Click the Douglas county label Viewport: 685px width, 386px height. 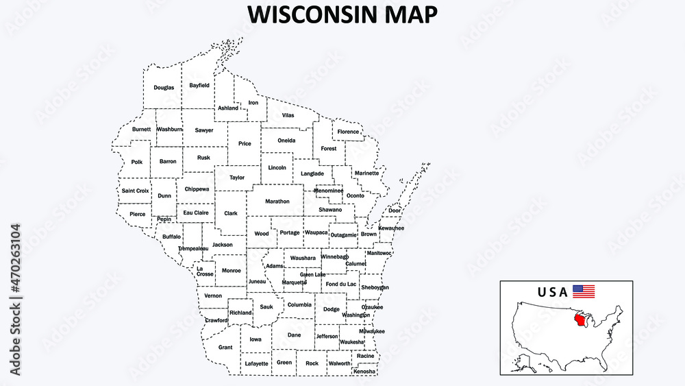(164, 88)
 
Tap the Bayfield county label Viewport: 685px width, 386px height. (199, 86)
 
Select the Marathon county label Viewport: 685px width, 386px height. (277, 202)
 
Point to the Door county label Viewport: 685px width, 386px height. (395, 210)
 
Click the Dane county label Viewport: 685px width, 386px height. (294, 335)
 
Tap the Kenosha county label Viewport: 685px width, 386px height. (365, 372)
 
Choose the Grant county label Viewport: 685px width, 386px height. (225, 348)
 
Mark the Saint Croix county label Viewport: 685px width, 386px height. (135, 191)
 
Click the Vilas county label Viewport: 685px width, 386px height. (288, 115)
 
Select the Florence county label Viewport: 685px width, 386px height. (348, 132)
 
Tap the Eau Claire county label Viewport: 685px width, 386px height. (196, 213)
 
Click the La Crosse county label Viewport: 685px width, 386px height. (205, 271)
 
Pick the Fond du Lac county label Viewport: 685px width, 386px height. (340, 284)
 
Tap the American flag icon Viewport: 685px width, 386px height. (584, 291)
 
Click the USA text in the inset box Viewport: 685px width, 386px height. (553, 292)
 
